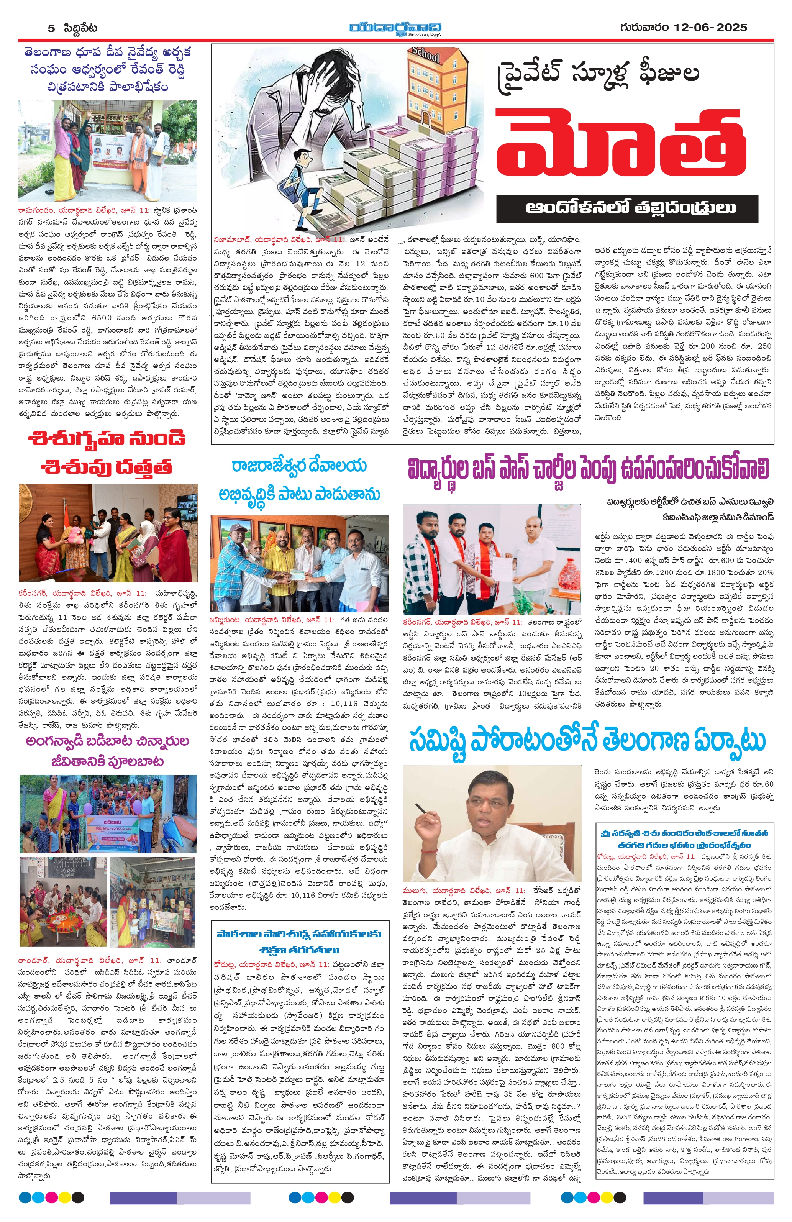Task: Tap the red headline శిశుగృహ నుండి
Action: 107,439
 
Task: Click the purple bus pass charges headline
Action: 588,469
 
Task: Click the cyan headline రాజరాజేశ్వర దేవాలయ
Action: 299,466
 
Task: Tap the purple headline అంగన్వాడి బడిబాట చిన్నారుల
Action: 108,741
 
